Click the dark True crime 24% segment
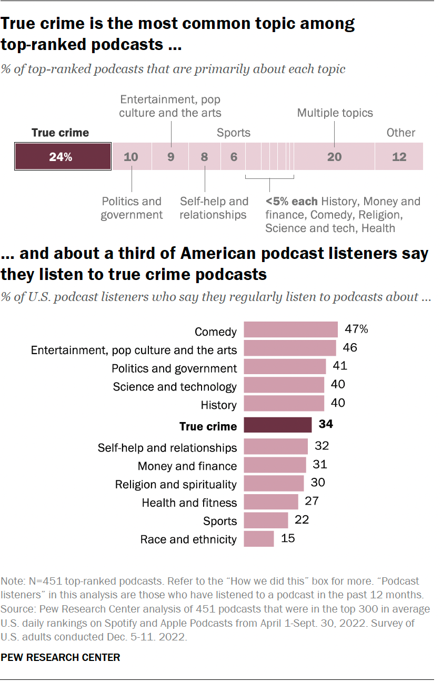(x=63, y=156)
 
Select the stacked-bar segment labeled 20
(x=334, y=156)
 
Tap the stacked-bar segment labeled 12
(x=399, y=156)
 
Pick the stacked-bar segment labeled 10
(x=132, y=156)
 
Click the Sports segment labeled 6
(x=234, y=156)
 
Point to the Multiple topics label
(x=335, y=113)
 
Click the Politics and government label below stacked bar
(x=132, y=208)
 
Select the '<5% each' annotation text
(x=292, y=202)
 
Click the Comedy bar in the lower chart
(x=291, y=330)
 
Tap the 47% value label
(x=356, y=329)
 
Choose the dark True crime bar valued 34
(x=278, y=425)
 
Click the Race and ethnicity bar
(x=259, y=538)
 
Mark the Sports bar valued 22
(x=266, y=520)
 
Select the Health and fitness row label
(x=189, y=503)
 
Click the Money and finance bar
(x=275, y=465)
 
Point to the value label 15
(x=289, y=538)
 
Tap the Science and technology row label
(x=175, y=387)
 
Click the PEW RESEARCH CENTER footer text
(x=61, y=657)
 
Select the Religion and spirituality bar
(x=274, y=484)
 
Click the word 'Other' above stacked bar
(x=401, y=133)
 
